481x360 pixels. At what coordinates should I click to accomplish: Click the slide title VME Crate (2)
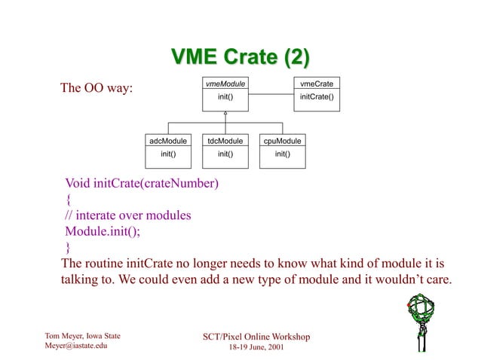(x=240, y=57)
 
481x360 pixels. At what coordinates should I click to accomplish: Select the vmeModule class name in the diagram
(x=225, y=84)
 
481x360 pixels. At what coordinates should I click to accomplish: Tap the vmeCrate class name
(x=317, y=84)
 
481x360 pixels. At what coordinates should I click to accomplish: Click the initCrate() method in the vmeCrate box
(x=317, y=96)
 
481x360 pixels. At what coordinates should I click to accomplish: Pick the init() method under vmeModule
(x=225, y=96)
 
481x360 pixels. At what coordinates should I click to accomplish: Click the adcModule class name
(x=168, y=141)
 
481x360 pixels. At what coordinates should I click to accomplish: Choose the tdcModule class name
(x=225, y=141)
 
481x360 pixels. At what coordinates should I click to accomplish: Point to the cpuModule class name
(x=282, y=141)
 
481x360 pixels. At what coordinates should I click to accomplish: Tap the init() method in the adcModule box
(x=168, y=154)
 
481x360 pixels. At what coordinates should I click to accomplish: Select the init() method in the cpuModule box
(x=282, y=154)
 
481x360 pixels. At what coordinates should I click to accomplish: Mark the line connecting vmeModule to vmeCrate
(x=271, y=94)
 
